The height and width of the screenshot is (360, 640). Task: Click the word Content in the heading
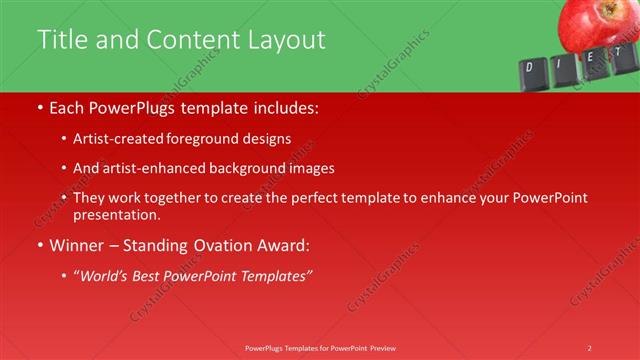[188, 39]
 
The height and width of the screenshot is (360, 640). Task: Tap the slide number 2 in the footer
[589, 347]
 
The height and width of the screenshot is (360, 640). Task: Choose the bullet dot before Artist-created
[65, 139]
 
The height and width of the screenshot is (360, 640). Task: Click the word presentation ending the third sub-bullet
[115, 215]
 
